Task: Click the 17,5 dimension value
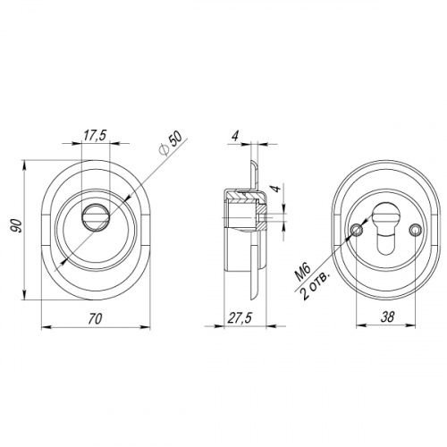(95, 136)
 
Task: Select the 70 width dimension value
(96, 318)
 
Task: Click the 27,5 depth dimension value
(240, 317)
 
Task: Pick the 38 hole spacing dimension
(387, 316)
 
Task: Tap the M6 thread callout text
(303, 272)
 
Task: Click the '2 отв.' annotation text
(316, 285)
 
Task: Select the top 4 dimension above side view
(235, 136)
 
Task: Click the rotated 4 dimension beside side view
(276, 189)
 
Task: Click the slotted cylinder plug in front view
(96, 217)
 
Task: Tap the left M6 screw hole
(357, 230)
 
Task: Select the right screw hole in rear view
(415, 230)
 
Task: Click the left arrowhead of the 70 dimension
(45, 327)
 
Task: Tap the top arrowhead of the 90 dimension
(24, 164)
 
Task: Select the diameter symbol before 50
(164, 150)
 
